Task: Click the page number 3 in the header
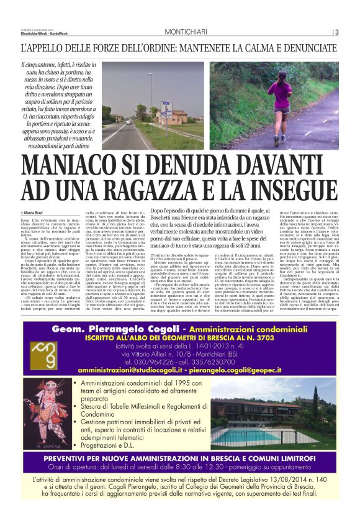pyautogui.click(x=336, y=32)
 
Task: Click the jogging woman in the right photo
pyautogui.click(x=275, y=99)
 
